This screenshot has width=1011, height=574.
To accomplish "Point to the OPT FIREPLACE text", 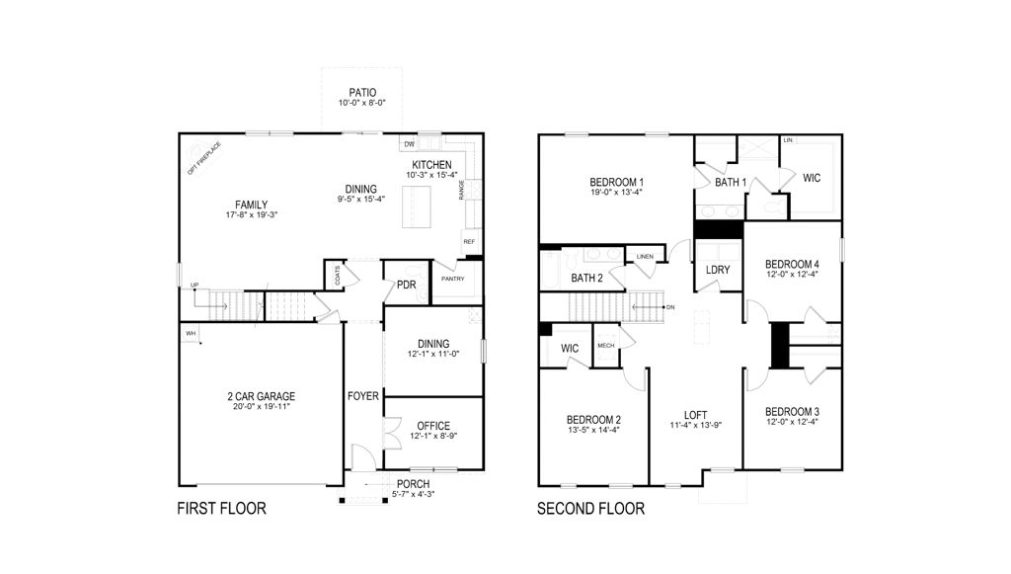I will [x=204, y=157].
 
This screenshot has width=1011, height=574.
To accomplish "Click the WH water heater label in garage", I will [x=191, y=334].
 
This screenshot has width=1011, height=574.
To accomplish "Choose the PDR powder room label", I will [x=406, y=286].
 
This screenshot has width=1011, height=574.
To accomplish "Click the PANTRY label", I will [x=453, y=279].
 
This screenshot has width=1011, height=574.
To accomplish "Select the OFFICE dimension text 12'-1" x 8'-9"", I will [x=433, y=435].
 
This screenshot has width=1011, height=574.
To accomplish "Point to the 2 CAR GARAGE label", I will [x=261, y=396].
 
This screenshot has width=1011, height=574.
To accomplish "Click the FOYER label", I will [x=362, y=396].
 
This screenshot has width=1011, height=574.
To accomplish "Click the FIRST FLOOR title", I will [x=221, y=510].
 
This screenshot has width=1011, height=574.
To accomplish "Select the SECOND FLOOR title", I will [x=590, y=510].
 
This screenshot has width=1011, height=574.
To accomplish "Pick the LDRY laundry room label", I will [x=717, y=270].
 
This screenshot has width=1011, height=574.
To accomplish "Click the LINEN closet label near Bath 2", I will [x=646, y=257].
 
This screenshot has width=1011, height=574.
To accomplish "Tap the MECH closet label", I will [x=605, y=346].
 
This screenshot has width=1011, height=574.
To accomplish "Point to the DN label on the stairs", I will [x=670, y=307].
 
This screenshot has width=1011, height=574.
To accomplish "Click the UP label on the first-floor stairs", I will [x=194, y=286].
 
